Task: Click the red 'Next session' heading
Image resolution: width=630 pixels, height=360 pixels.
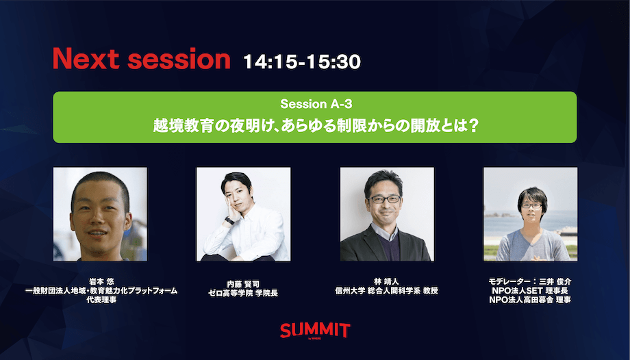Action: pyautogui.click(x=142, y=60)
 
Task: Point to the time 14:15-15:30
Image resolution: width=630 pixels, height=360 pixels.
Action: pyautogui.click(x=302, y=62)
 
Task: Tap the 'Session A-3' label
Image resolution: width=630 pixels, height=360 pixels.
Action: pyautogui.click(x=316, y=104)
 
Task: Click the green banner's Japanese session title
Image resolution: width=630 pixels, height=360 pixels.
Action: pyautogui.click(x=315, y=126)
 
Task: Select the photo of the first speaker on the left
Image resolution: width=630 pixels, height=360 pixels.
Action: pyautogui.click(x=100, y=214)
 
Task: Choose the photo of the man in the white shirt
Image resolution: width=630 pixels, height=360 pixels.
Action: pyautogui.click(x=244, y=214)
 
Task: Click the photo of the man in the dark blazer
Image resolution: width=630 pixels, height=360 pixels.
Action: pyautogui.click(x=387, y=214)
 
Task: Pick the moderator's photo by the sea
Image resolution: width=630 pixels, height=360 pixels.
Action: pyautogui.click(x=530, y=214)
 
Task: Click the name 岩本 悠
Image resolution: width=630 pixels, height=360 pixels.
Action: pyautogui.click(x=101, y=282)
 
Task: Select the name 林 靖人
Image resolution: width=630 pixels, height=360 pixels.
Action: pyautogui.click(x=386, y=282)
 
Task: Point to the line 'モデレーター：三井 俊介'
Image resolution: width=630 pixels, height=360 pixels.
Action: pyautogui.click(x=530, y=282)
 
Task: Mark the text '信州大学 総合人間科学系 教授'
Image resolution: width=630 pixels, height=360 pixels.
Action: pyautogui.click(x=386, y=291)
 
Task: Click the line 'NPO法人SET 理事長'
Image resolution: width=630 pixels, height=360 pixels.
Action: pyautogui.click(x=530, y=291)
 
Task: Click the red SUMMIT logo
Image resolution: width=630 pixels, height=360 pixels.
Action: pyautogui.click(x=315, y=330)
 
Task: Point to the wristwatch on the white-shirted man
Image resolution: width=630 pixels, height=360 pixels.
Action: pyautogui.click(x=229, y=220)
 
